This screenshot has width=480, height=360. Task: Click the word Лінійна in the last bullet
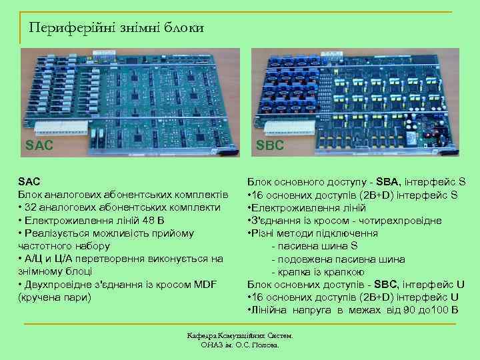click(x=268, y=311)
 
